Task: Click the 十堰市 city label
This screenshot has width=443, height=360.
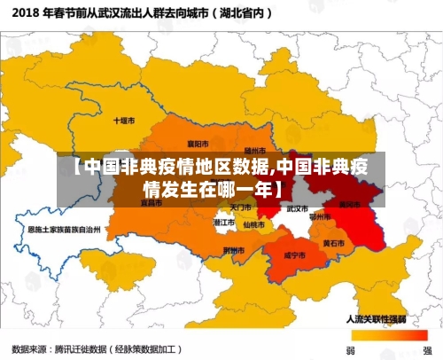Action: (123, 120)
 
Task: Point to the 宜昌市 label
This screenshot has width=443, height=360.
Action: (152, 202)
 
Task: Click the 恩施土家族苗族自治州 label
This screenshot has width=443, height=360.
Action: (65, 229)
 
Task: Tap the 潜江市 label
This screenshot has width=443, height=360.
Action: (225, 223)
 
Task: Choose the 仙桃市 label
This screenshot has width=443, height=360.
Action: (254, 224)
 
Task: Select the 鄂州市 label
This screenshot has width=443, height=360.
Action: (319, 215)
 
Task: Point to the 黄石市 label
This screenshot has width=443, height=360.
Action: (334, 242)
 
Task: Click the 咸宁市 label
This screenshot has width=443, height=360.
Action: (293, 254)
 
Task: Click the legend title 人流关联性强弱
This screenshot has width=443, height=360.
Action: (377, 317)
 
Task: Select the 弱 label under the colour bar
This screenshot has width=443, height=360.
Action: (350, 349)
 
